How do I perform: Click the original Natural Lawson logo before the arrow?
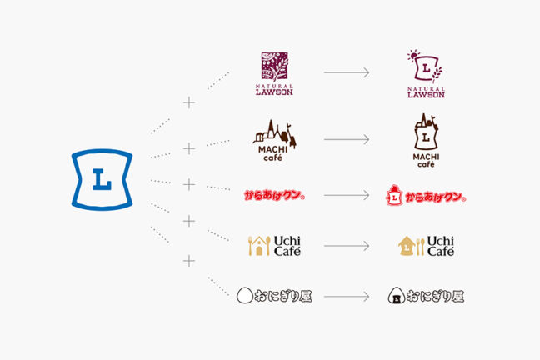click(x=274, y=74)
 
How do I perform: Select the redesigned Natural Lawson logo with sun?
click(x=426, y=74)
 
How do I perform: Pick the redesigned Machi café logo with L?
click(x=426, y=140)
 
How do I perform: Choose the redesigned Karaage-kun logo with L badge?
click(x=426, y=197)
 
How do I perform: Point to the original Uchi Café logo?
click(x=274, y=246)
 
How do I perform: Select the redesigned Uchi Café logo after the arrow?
click(x=426, y=246)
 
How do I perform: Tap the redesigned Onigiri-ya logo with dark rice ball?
click(x=426, y=294)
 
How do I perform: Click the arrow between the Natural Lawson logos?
click(x=347, y=73)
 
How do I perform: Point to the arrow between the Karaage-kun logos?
click(x=347, y=197)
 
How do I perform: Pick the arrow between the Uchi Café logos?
click(x=347, y=246)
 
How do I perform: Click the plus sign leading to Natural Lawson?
click(x=189, y=102)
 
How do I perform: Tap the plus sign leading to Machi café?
click(x=189, y=147)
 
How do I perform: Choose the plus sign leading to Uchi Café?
click(x=189, y=221)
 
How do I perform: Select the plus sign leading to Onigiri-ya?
click(x=189, y=261)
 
